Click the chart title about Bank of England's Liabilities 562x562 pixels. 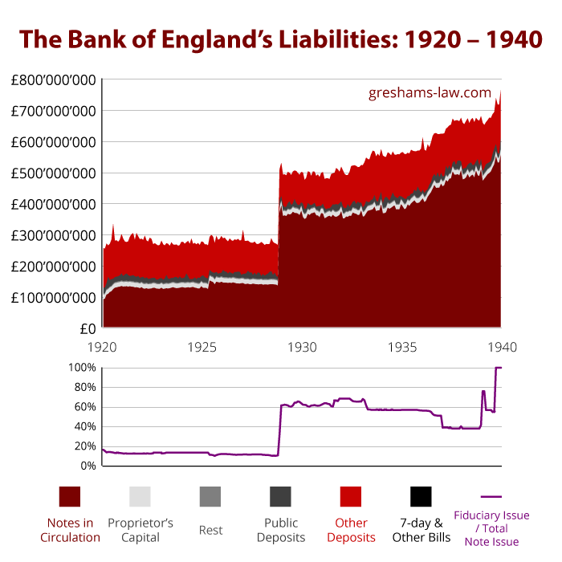click(x=280, y=39)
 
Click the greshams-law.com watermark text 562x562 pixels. click(x=430, y=92)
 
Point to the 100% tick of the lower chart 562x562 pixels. click(x=82, y=368)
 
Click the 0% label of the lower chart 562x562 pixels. click(x=88, y=466)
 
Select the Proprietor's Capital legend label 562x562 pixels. click(x=140, y=530)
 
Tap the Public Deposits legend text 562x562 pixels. click(x=280, y=530)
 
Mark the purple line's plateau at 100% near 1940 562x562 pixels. click(x=499, y=368)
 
